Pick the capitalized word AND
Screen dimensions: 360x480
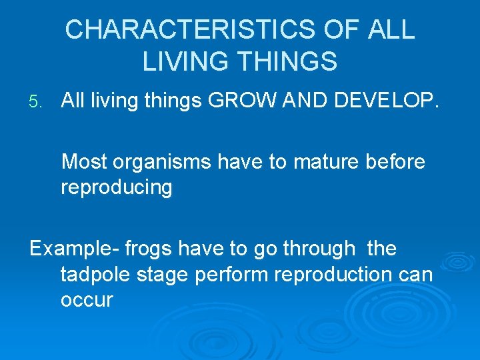[x=304, y=101]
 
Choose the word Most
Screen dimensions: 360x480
[x=84, y=162]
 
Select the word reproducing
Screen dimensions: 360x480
[x=117, y=188]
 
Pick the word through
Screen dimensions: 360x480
[x=319, y=249]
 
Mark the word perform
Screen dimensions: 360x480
[x=226, y=275]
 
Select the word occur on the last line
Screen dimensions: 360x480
[x=87, y=300]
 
